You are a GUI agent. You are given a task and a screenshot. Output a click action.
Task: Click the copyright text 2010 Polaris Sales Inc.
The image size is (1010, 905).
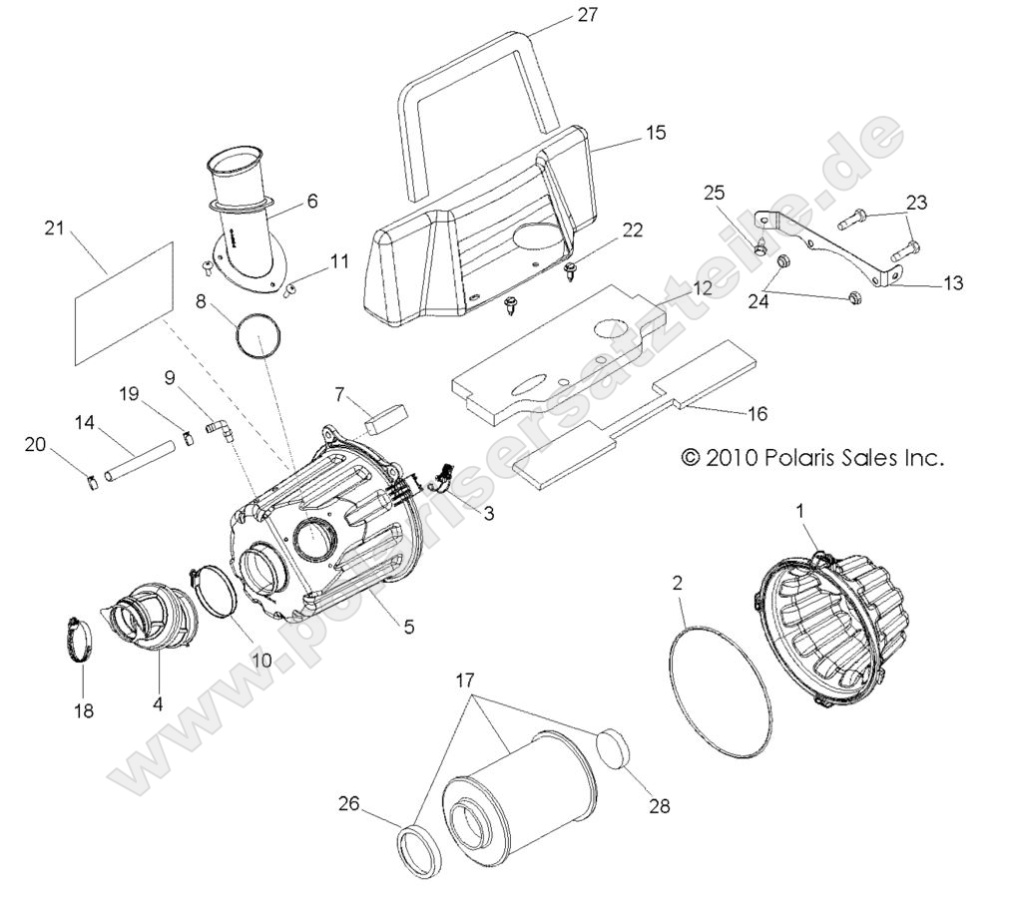point(810,458)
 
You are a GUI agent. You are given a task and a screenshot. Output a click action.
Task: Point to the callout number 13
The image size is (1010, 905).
point(952,283)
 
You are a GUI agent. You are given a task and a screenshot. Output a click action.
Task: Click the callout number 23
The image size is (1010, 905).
point(916,202)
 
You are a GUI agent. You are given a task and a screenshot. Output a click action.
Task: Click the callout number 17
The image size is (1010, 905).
point(465,680)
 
